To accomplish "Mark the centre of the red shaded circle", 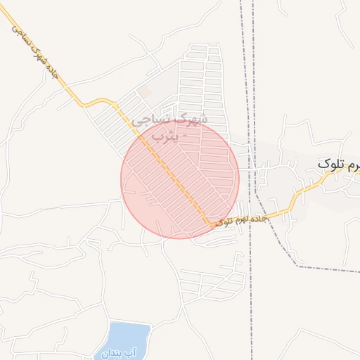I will pos(180,179).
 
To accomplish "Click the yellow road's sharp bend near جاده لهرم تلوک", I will pos(208,224).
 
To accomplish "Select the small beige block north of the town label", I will pos(144,92).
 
